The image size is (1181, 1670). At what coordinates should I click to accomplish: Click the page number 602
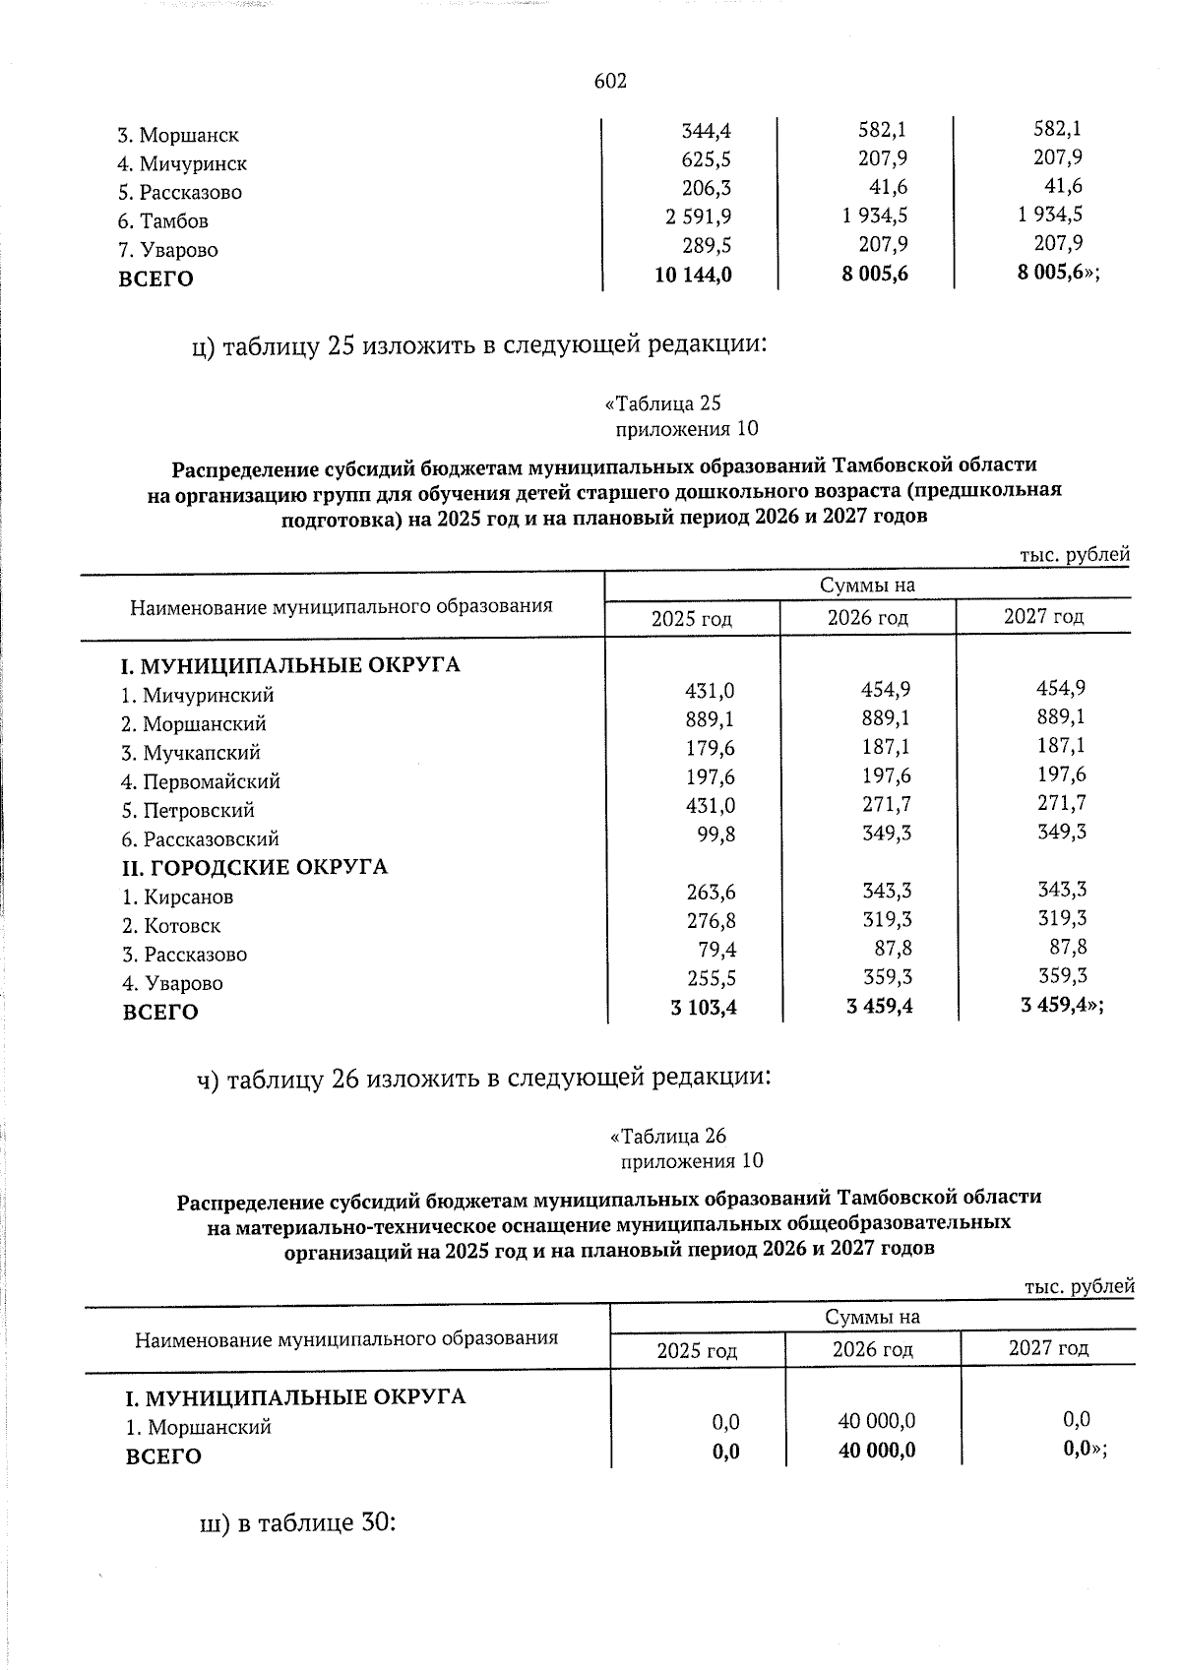[610, 82]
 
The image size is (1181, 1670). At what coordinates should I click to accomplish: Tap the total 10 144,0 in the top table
[693, 276]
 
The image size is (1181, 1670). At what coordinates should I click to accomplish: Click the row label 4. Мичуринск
[182, 163]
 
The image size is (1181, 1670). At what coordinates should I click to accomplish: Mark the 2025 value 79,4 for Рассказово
[718, 950]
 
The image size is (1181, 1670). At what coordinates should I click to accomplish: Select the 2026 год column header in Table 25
[867, 618]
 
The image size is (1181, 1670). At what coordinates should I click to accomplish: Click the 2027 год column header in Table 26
[1048, 1348]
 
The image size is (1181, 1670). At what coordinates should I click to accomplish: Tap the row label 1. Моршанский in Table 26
[198, 1427]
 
